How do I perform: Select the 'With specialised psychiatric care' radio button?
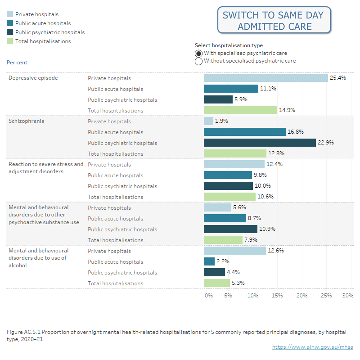coord(198,53)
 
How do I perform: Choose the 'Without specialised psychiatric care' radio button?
coord(198,61)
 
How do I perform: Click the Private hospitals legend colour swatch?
coord(10,14)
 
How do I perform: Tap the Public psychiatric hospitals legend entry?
coord(49,32)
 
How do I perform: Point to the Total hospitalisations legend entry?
coord(43,41)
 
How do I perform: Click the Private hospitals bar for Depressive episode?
coord(265,78)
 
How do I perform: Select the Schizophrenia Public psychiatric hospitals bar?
coord(260,143)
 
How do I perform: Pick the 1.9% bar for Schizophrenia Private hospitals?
coord(208,121)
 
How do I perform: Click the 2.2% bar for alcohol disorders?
coord(209,261)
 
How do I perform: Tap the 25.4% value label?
coord(337,78)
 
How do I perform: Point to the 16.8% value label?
coord(295,132)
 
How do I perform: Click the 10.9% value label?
coord(266,229)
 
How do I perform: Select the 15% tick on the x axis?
coord(277,296)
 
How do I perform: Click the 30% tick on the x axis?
coord(347,296)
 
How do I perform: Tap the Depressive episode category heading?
coord(33,78)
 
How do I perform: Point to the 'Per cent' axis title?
coord(17,63)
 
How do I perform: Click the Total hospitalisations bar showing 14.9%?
coord(240,110)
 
